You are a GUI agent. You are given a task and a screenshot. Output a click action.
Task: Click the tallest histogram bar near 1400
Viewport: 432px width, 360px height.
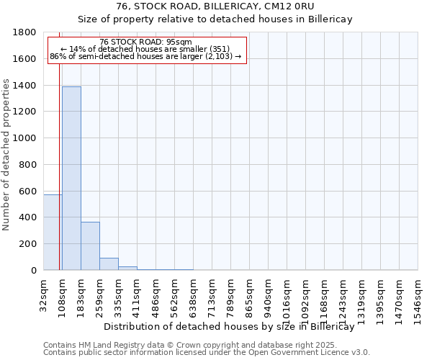pyautogui.click(x=71, y=178)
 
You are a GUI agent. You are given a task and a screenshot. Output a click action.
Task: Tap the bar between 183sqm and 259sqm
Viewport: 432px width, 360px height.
pyautogui.click(x=90, y=246)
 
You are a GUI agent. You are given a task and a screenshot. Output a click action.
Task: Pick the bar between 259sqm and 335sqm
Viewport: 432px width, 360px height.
pyautogui.click(x=109, y=264)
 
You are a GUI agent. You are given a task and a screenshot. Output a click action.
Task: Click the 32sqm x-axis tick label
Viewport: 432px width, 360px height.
pyautogui.click(x=44, y=293)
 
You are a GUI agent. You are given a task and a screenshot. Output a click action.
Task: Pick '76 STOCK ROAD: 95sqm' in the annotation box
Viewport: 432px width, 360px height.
pyautogui.click(x=145, y=42)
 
